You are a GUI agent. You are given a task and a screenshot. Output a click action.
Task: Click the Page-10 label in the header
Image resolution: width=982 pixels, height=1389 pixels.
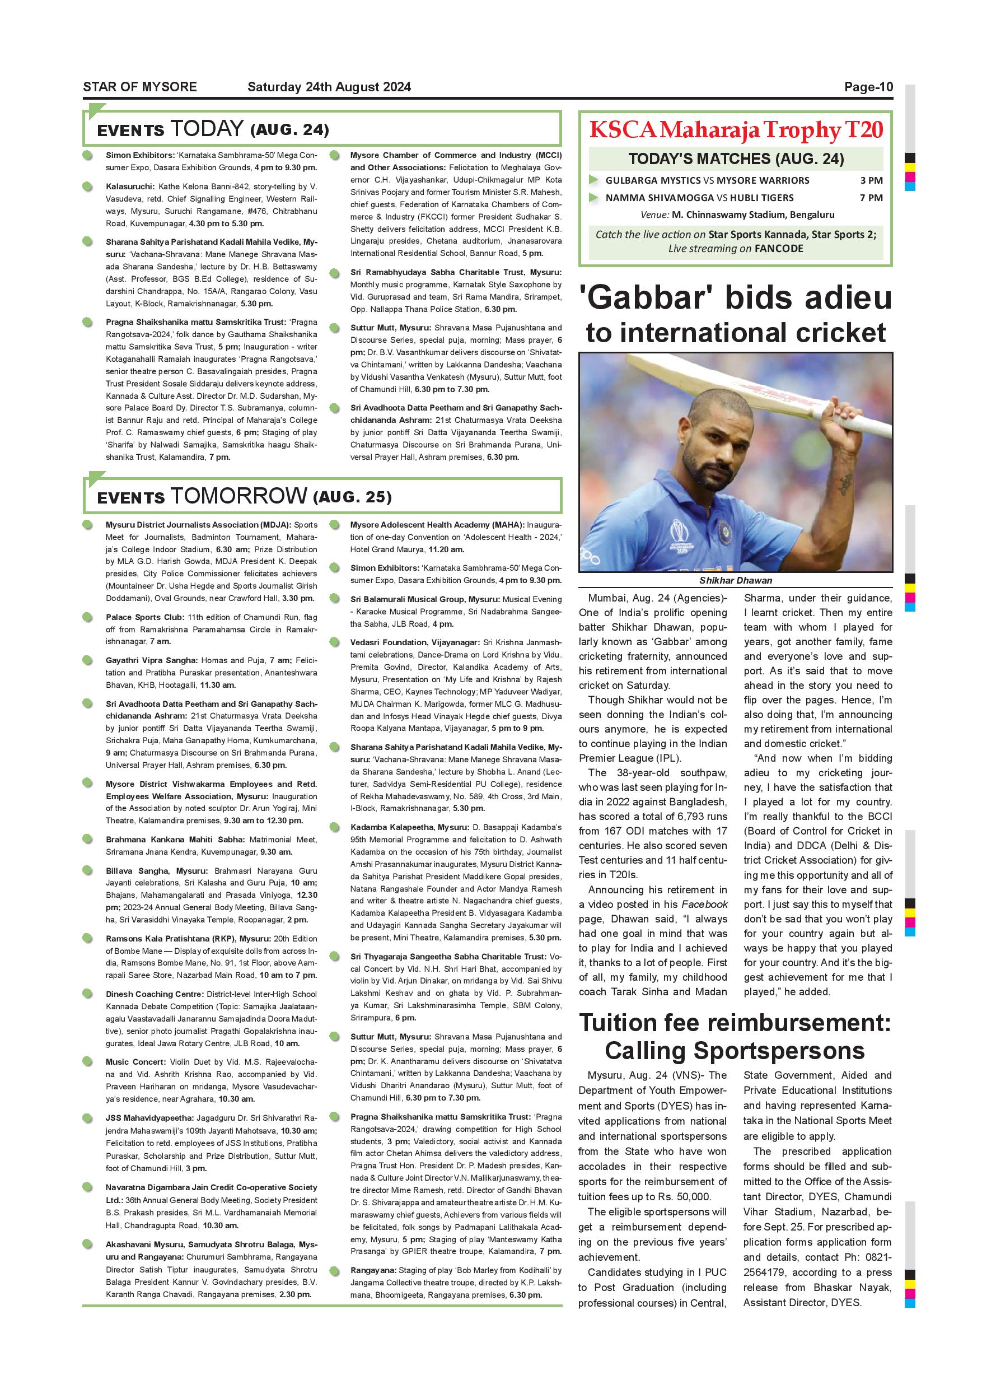[x=868, y=87]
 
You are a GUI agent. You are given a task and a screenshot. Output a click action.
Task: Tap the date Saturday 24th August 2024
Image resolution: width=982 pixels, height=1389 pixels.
[x=329, y=87]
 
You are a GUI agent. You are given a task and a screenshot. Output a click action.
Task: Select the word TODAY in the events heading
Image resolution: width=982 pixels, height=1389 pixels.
[x=207, y=129]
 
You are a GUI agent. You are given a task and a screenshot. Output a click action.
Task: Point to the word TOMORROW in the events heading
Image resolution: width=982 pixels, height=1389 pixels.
[x=239, y=496]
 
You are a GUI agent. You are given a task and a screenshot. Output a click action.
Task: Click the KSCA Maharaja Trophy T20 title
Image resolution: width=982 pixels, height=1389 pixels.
[x=735, y=129]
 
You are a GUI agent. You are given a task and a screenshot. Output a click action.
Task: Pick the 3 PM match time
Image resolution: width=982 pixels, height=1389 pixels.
[x=871, y=180]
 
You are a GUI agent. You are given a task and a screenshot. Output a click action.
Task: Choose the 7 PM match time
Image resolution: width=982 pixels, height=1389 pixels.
[x=871, y=198]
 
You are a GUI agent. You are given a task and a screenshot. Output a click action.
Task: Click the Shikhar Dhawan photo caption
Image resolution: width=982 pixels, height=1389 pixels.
[x=735, y=580]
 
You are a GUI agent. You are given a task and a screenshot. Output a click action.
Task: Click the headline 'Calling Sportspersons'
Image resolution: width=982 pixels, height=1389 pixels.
[x=735, y=1051]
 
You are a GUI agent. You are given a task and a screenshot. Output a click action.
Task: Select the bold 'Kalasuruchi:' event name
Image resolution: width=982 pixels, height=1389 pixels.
[x=130, y=187]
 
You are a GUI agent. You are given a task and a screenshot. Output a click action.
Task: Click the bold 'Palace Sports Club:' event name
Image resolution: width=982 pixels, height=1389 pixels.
[x=144, y=617]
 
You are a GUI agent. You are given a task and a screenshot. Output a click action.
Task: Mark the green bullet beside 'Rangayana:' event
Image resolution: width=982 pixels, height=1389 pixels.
[x=334, y=1271]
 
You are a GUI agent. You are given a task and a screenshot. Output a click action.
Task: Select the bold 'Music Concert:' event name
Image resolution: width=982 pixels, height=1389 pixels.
[x=135, y=1062]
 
